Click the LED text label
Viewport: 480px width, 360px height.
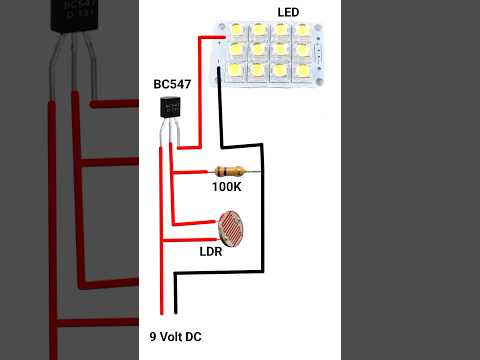(x=288, y=11)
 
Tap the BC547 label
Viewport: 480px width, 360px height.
(x=172, y=84)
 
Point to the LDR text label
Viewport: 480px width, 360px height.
(x=211, y=251)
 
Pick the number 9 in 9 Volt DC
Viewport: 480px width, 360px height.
(x=152, y=337)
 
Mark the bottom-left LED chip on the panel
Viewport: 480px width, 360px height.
(x=237, y=69)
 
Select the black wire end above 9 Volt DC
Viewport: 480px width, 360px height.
(x=176, y=300)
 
